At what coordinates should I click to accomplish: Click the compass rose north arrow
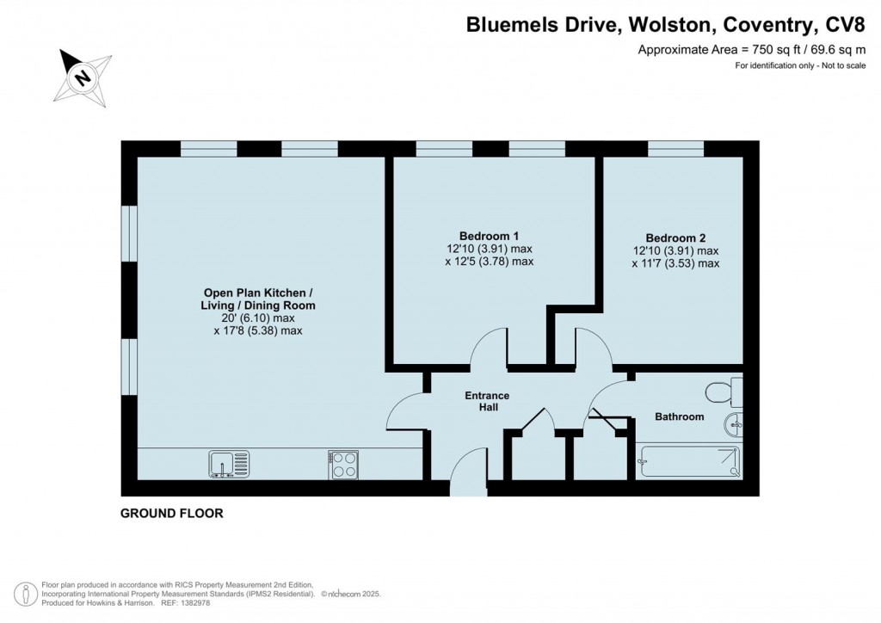tap(83, 77)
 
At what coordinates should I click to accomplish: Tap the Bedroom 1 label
tap(489, 236)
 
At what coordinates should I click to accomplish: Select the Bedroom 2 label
tap(675, 238)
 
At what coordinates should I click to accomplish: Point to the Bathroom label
tap(679, 416)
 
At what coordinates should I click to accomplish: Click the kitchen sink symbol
tap(228, 464)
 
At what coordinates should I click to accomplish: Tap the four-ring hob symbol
tap(343, 465)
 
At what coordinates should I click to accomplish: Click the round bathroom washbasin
tap(733, 423)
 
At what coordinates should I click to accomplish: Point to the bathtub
tap(688, 461)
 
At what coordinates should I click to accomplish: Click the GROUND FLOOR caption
tap(171, 514)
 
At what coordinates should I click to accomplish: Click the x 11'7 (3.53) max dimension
tap(675, 263)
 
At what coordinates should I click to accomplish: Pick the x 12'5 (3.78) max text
tap(489, 261)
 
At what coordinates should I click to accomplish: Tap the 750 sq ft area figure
tap(734, 50)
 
